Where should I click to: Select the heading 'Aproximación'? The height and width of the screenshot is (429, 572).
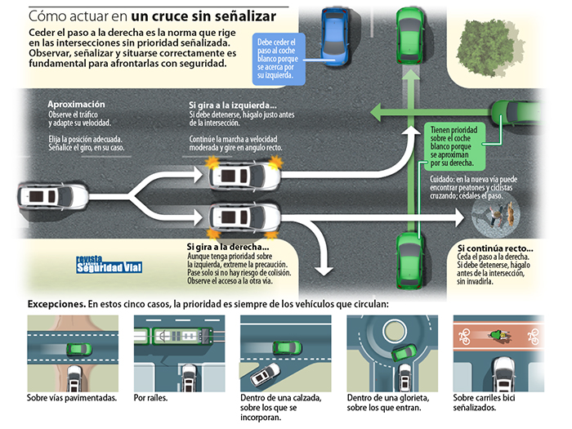[77, 105]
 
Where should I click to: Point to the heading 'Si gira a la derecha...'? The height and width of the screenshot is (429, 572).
[228, 247]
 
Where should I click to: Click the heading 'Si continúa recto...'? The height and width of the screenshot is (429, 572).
[495, 248]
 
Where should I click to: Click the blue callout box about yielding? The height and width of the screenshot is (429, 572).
[280, 58]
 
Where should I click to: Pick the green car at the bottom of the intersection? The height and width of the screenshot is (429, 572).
[409, 259]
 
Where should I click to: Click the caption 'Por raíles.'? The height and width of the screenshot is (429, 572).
[152, 400]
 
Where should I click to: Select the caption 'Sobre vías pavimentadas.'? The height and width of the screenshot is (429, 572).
[71, 400]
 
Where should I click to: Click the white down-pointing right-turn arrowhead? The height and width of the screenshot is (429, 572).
[325, 267]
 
